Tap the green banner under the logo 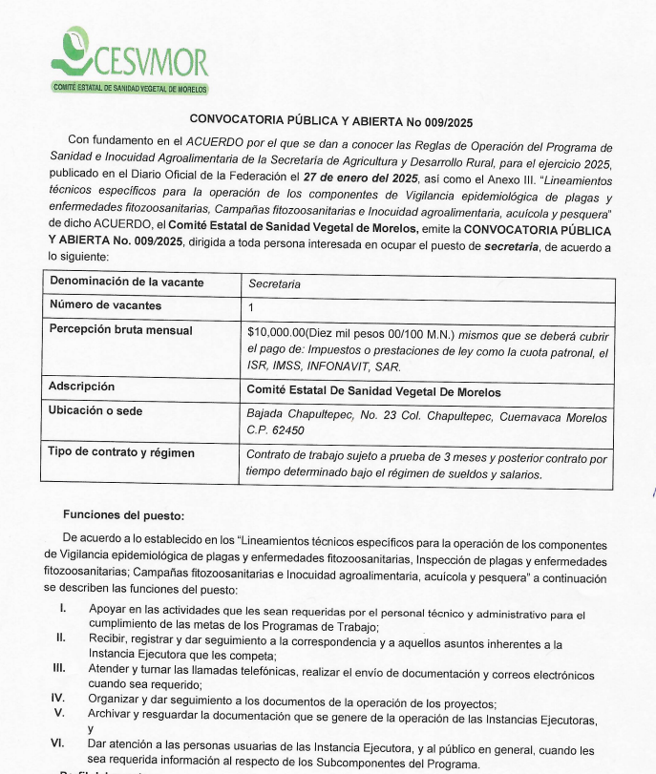coord(131,89)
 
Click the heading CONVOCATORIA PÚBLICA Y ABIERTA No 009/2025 coord(331,121)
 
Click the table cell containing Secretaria coord(274,284)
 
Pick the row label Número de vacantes coord(105,306)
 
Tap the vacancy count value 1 coord(251,307)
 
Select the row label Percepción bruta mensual coord(120,330)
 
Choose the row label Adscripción coord(82,387)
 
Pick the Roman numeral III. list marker coord(59,668)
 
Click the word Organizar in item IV coord(116,699)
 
